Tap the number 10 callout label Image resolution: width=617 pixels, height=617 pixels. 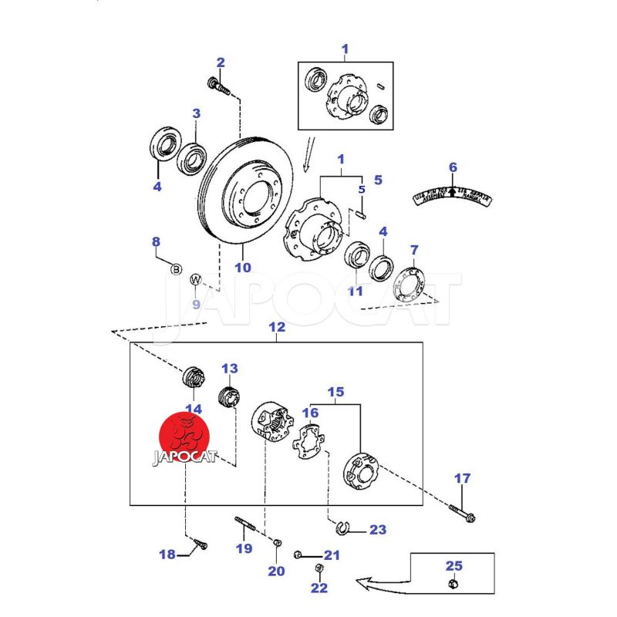[243, 268]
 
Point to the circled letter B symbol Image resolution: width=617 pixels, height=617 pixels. [176, 268]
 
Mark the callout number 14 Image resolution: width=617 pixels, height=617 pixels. [193, 409]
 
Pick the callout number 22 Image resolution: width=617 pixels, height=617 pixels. [319, 588]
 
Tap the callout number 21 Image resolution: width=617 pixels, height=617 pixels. [331, 555]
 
